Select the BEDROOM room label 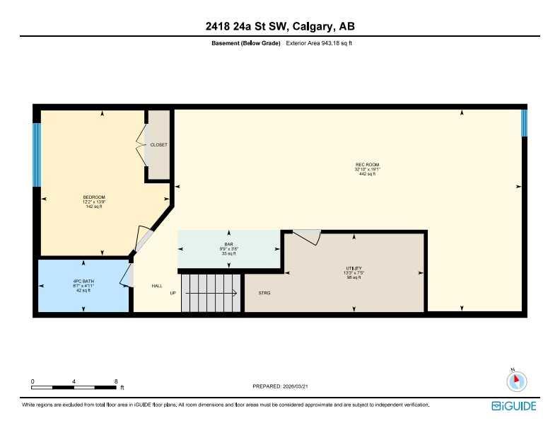click(x=94, y=197)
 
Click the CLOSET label click(x=159, y=144)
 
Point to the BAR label click(x=228, y=244)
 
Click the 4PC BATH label click(x=83, y=282)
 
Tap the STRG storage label click(x=264, y=292)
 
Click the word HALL click(x=157, y=286)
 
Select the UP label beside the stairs click(x=173, y=292)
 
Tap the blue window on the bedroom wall click(x=36, y=155)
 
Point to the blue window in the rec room click(x=524, y=122)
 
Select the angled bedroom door click(x=143, y=239)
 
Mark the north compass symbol click(x=517, y=381)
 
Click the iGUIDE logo click(x=514, y=406)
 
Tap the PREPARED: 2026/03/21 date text click(x=280, y=386)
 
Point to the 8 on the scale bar click(x=116, y=381)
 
